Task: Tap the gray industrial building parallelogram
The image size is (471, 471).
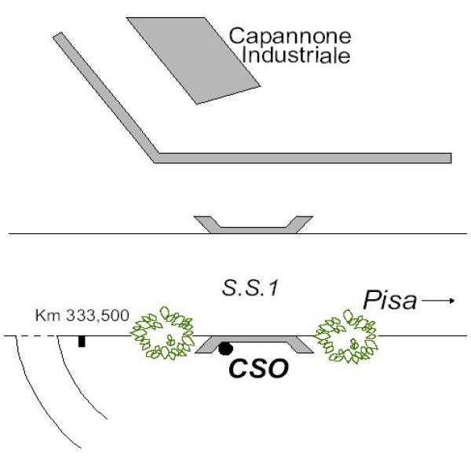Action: pyautogui.click(x=194, y=59)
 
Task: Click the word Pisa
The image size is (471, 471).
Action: pyautogui.click(x=389, y=301)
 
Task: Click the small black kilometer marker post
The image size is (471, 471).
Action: pyautogui.click(x=82, y=341)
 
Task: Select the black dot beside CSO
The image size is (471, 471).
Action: pyautogui.click(x=225, y=348)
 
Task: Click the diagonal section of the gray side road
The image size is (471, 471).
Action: pyautogui.click(x=106, y=94)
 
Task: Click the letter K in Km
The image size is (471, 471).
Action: pyautogui.click(x=39, y=316)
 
